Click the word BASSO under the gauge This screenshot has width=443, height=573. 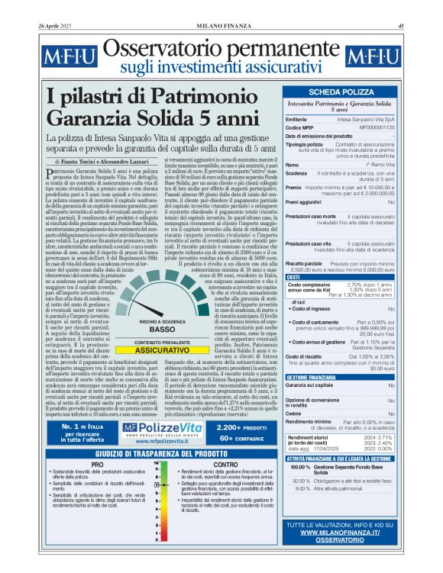click(163, 330)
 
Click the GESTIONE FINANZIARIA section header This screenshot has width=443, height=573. click(312, 378)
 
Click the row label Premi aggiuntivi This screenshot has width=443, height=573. click(306, 201)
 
